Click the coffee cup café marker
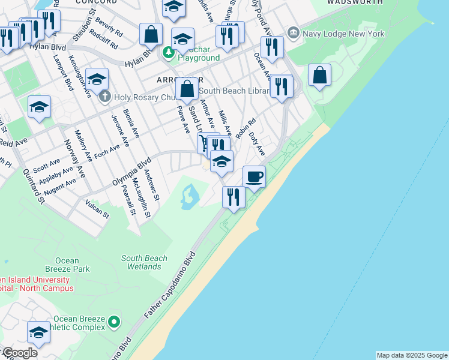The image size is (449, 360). click(x=255, y=176)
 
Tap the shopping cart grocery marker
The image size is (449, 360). click(x=205, y=143)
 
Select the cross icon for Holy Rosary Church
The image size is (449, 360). click(x=105, y=96)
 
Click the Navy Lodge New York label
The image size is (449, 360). click(x=343, y=34)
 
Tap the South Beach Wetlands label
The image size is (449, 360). click(x=144, y=263)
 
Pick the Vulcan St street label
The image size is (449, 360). click(x=97, y=209)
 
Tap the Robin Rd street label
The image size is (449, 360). click(x=246, y=128)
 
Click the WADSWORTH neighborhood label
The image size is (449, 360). click(x=354, y=2)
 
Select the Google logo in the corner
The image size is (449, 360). click(x=19, y=353)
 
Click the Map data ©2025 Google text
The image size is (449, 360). click(x=412, y=355)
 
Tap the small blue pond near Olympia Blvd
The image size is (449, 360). click(x=188, y=196)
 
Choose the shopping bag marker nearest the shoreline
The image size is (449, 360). click(x=320, y=76)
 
